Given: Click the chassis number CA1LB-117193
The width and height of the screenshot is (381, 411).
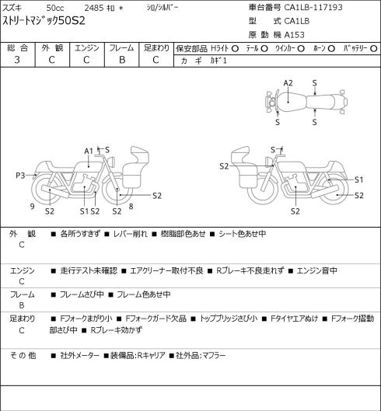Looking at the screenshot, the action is click(313, 7).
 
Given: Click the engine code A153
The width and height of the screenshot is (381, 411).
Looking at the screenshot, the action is click(295, 35).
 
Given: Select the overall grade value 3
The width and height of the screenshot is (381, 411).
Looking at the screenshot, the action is click(17, 60).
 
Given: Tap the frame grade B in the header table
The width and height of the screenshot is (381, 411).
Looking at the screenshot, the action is click(122, 60).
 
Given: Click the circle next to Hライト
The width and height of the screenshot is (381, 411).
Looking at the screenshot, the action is click(235, 48).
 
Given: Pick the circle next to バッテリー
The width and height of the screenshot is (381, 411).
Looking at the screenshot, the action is click(374, 48).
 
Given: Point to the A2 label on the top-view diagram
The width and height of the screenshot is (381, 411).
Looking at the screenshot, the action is click(288, 83).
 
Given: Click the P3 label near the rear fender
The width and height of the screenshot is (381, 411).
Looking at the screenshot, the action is click(20, 176).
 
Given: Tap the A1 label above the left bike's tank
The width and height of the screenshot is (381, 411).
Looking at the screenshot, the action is click(89, 151).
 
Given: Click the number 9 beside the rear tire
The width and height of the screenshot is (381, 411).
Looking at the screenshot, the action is click(33, 207).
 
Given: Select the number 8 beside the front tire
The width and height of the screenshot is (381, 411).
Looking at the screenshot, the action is click(131, 207).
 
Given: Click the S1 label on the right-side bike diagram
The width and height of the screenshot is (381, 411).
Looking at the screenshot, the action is click(358, 179).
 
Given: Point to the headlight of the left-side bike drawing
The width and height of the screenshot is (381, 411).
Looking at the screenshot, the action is click(113, 161).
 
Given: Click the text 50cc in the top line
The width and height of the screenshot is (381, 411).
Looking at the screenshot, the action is click(55, 8).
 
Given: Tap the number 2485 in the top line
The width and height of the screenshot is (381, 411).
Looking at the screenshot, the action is click(94, 8).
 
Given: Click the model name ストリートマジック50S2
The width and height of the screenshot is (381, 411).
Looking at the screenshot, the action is click(44, 21).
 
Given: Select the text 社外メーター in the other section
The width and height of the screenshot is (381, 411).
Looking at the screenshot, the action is click(79, 356).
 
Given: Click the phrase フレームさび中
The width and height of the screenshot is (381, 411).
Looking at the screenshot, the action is click(82, 294).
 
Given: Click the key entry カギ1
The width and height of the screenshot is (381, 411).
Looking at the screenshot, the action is click(218, 61).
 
